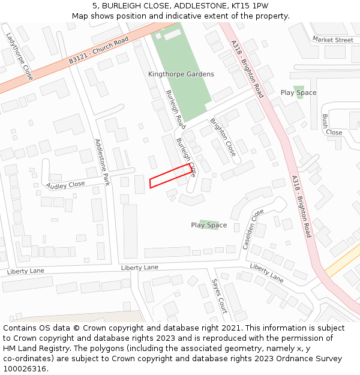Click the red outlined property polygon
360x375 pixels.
170,176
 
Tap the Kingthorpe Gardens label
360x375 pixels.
181,74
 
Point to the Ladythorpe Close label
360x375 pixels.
20,56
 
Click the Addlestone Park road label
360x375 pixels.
102,162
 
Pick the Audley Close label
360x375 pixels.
65,185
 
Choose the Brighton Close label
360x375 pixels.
223,137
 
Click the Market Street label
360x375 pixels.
332,40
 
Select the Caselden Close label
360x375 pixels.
253,229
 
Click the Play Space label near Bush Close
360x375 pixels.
298,93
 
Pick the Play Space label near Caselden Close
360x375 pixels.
209,226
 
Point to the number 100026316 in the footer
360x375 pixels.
26,369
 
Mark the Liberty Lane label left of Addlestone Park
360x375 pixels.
26,271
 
